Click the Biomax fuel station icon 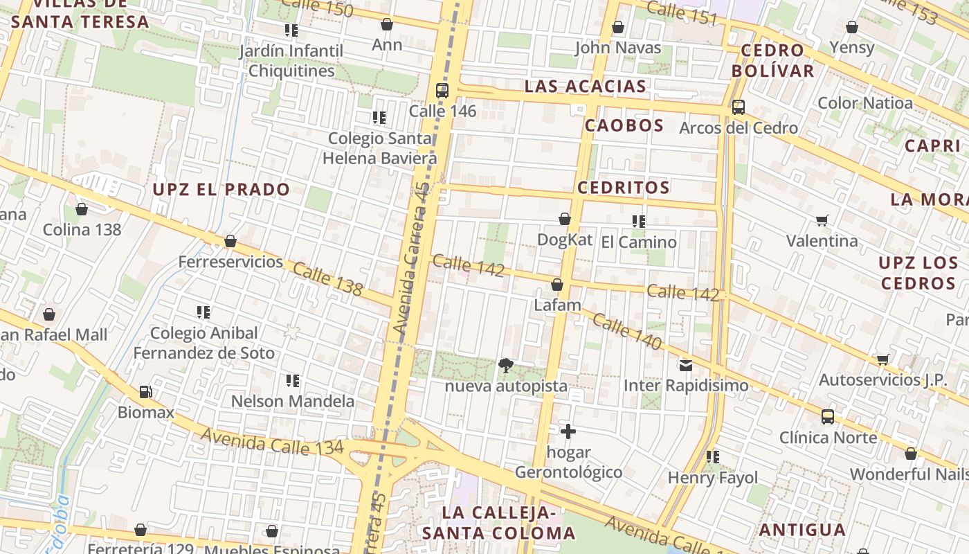coord(145,392)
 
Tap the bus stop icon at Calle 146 coord(442,90)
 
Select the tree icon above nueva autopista coord(506,365)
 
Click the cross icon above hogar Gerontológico coord(568,431)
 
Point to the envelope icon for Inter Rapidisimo coord(686,365)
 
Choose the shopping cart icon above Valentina coord(822,220)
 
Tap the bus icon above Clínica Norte coord(828,416)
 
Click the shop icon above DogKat coord(565,219)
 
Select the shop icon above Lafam coord(557,285)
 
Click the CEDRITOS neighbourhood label coord(624,188)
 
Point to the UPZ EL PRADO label coord(221,190)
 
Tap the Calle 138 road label coord(327,279)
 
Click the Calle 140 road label coord(627,332)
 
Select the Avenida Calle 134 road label coord(272,442)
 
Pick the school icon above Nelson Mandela coord(293,380)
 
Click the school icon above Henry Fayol coord(713,456)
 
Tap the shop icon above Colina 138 coord(82,209)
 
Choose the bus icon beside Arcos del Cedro coord(739,107)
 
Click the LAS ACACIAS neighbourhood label coord(586,87)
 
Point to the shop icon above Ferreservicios coord(230,241)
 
